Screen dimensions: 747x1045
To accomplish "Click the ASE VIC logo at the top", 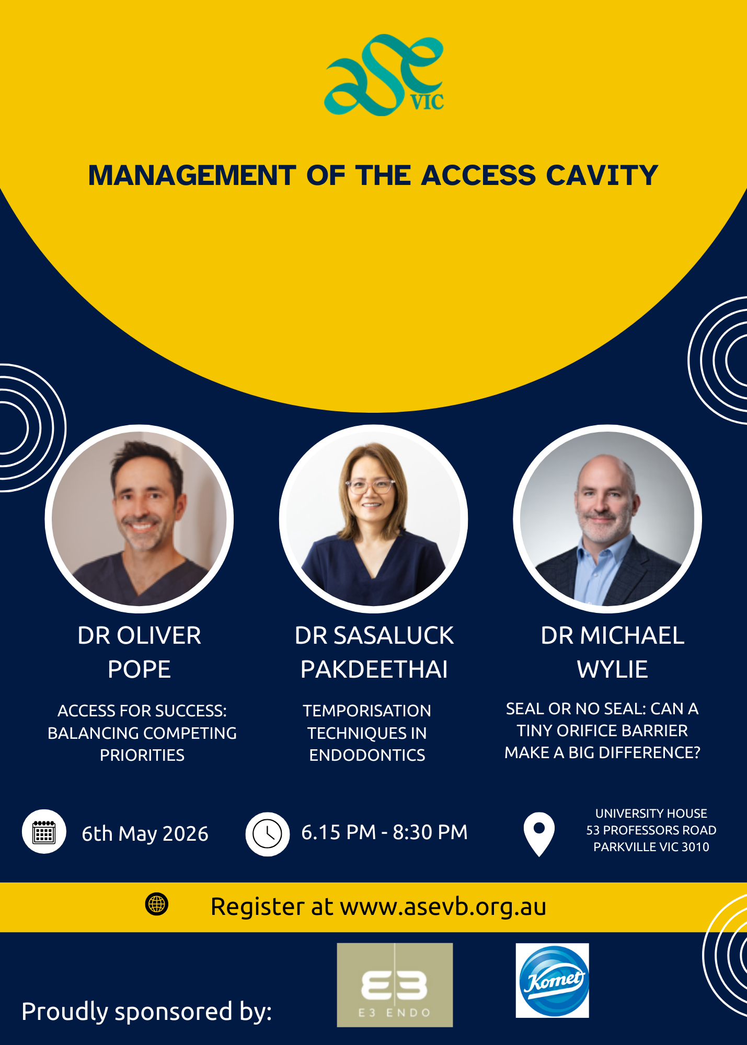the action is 384,74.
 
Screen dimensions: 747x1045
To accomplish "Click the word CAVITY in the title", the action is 602,175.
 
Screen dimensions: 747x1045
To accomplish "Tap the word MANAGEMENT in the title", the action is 192,175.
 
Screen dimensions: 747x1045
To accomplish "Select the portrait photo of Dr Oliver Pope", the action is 139,519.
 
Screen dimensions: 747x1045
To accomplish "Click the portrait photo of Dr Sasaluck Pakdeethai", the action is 373,519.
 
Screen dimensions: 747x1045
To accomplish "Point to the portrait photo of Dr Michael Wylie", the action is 607,519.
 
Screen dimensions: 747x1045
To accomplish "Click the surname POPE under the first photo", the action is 139,669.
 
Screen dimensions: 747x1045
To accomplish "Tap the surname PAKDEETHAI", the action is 374,669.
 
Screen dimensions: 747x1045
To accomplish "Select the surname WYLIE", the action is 613,669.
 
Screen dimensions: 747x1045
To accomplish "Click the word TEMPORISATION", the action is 367,711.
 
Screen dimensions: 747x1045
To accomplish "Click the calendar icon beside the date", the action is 44,832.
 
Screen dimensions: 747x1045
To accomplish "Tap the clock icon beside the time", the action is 268,834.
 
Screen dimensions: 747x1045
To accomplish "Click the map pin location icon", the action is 539,834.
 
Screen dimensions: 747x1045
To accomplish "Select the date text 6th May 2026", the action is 145,833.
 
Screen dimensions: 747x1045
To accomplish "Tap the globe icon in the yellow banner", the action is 157,904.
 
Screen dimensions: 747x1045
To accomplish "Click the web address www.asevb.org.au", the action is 443,907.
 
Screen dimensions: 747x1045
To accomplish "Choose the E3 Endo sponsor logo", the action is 395,985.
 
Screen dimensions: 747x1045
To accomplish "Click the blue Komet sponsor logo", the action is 553,980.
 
